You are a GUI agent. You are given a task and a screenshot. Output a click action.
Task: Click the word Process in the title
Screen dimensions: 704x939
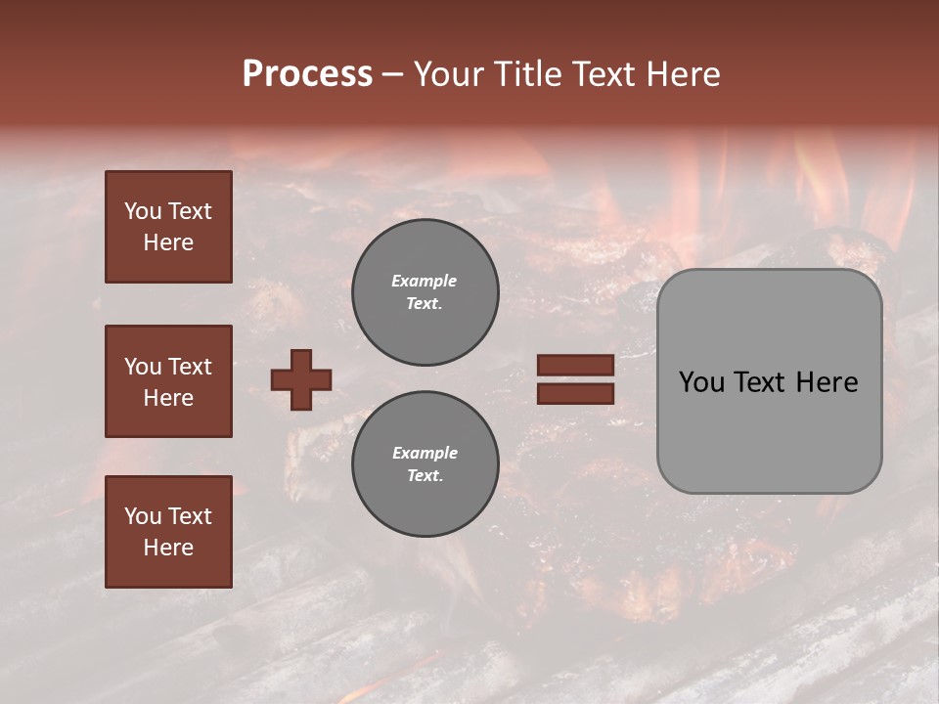coord(307,74)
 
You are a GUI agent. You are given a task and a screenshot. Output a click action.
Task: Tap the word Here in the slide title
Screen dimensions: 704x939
coord(681,74)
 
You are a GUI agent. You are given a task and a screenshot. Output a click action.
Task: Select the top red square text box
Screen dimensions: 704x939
coord(168,227)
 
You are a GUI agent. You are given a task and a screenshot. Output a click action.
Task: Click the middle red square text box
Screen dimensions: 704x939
coord(168,381)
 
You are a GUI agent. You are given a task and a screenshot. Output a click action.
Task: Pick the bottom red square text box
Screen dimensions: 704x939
coord(168,532)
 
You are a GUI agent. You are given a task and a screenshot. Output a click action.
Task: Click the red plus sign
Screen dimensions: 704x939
coord(301,379)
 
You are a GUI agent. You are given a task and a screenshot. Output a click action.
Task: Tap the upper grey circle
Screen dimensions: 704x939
coord(425,292)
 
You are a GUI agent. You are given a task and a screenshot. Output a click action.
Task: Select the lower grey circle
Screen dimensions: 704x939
coord(425,464)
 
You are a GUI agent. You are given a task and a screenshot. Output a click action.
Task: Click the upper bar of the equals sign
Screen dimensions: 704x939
coord(575,365)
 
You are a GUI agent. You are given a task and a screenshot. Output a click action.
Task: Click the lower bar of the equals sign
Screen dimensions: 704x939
coord(575,393)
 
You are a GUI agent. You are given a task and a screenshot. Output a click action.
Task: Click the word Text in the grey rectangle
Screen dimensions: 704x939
coord(760,382)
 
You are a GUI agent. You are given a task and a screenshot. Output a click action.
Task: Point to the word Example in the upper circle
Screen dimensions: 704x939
coord(425,281)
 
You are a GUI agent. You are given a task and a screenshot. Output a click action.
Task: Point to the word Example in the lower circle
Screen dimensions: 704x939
coord(425,453)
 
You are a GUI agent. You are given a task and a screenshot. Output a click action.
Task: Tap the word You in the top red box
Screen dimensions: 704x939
coord(142,211)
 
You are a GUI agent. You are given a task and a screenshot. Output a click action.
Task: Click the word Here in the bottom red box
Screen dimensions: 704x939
coord(168,548)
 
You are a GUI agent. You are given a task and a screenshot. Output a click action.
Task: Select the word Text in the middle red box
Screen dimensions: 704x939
coord(190,367)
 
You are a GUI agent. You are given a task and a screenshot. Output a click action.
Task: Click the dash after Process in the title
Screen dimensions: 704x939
coord(393,74)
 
